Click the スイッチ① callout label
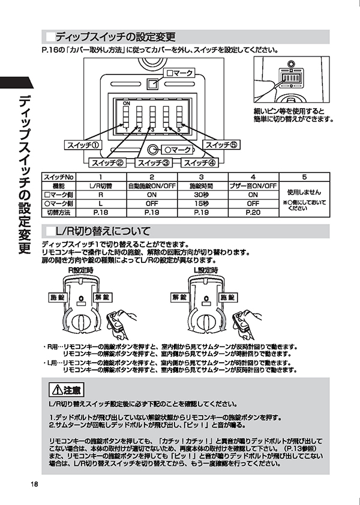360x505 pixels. point(83,145)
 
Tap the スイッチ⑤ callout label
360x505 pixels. point(221,145)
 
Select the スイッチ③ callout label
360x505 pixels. point(154,163)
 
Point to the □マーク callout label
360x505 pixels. point(179,73)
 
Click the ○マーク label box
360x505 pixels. point(177,150)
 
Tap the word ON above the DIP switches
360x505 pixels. point(127,103)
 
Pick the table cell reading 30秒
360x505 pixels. point(202,195)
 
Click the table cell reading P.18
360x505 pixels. point(101,213)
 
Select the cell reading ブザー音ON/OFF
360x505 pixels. point(253,186)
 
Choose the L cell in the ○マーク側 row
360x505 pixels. point(101,204)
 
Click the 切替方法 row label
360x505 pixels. point(59,213)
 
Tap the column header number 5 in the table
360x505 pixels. point(304,177)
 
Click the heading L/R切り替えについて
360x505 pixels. point(103,231)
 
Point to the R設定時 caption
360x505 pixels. point(81,270)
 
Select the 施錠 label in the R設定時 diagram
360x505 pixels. point(58,297)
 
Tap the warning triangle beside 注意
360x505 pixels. point(57,390)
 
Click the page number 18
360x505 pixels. point(34,484)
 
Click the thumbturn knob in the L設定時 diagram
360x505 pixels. point(204,322)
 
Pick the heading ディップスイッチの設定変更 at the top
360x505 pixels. point(115,37)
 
